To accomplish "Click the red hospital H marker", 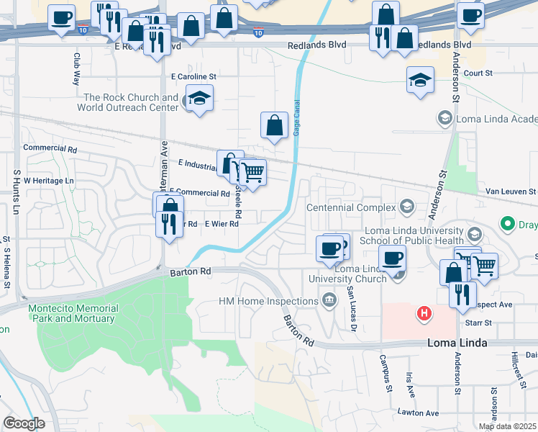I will click(x=424, y=313).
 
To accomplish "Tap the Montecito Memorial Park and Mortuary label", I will click(x=73, y=313).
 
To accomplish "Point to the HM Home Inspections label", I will click(x=268, y=300).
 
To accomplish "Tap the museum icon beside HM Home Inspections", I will click(x=329, y=300).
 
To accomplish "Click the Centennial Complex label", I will click(x=352, y=207).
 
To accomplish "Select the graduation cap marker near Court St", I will click(x=420, y=81).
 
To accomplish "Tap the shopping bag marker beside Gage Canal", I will click(x=274, y=125).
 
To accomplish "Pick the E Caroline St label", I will click(x=193, y=76).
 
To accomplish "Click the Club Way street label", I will click(x=76, y=68).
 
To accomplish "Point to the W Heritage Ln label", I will click(x=49, y=180).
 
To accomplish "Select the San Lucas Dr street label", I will click(x=352, y=310).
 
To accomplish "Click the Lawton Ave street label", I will click(x=418, y=413).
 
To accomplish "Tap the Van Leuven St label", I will click(x=511, y=192).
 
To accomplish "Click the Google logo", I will click(x=23, y=423).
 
